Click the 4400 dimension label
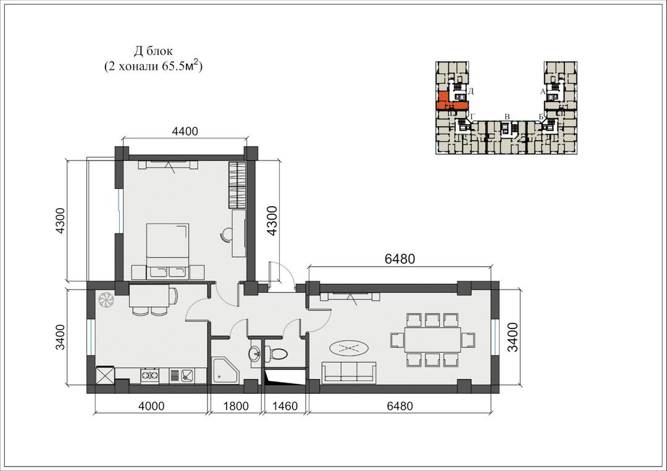185,131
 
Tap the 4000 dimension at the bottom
151,406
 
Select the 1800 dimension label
236,406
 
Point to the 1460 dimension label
285,406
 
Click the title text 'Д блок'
153,51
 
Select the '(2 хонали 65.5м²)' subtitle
153,66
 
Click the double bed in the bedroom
167,251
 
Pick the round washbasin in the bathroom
255,353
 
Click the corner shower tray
226,370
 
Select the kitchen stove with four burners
149,375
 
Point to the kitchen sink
187,375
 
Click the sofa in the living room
349,372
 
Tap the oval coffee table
349,349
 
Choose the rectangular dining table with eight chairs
432,340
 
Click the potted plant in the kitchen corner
106,299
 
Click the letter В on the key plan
506,117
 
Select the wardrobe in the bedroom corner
237,185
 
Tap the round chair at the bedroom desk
227,234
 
